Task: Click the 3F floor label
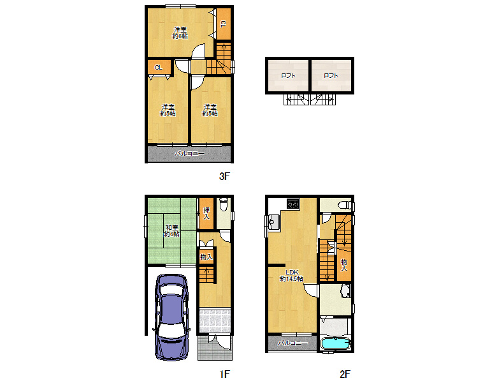coord(224,177)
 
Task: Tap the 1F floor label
coord(224,373)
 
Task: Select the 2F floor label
coord(345,373)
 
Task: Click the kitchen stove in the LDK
coord(293,204)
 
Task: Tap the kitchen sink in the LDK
coord(275,222)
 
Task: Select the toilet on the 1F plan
coord(223,206)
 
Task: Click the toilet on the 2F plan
coord(343,206)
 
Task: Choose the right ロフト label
coord(331,76)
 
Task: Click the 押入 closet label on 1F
coord(206,213)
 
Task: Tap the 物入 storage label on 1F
coord(206,257)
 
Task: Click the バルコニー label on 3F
coord(190,154)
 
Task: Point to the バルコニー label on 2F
coord(294,343)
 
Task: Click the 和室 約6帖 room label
coord(170,230)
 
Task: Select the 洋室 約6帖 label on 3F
coord(180,33)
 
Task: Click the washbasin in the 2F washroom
coord(345,292)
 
